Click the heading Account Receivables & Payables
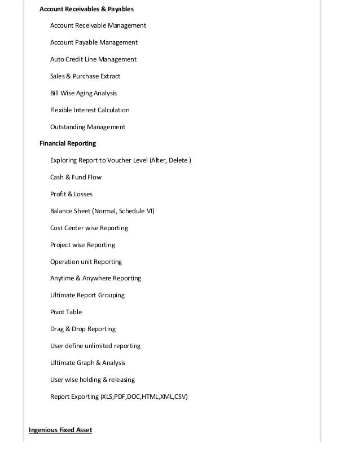tap(86, 9)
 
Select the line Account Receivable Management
tap(98, 25)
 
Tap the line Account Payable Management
tap(94, 42)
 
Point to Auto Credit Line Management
tap(93, 59)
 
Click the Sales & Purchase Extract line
tap(85, 76)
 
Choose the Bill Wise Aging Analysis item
tap(84, 93)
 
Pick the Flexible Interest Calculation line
tap(90, 110)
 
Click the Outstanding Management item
tap(87, 127)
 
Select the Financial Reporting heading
tap(68, 143)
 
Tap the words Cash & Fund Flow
tap(76, 177)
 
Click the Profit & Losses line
tap(71, 194)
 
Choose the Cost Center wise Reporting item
tap(89, 228)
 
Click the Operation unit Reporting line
tap(86, 262)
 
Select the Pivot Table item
tap(66, 312)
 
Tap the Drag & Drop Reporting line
tap(82, 329)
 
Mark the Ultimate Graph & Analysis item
tap(87, 363)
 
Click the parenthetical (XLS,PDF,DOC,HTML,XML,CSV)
tap(144, 397)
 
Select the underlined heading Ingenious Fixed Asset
tap(60, 430)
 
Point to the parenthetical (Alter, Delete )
tap(170, 160)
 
